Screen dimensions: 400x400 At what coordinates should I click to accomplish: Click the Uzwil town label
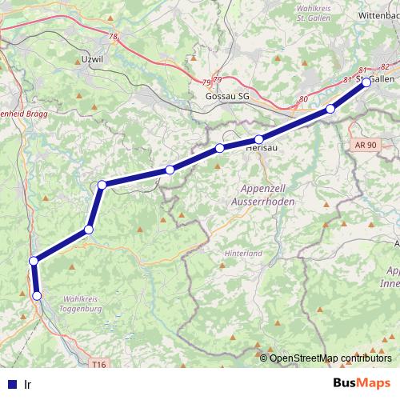(94, 58)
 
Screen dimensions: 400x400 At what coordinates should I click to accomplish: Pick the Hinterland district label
(243, 253)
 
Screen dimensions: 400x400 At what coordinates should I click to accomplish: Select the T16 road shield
(98, 365)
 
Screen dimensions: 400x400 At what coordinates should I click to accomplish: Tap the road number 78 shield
(113, 37)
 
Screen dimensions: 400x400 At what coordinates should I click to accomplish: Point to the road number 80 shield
(302, 99)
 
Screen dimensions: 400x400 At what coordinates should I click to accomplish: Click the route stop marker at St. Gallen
(366, 82)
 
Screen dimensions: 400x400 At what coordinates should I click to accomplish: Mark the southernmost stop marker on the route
(37, 296)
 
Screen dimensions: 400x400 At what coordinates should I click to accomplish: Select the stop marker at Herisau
(259, 140)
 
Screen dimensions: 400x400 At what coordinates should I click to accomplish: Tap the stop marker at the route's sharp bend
(102, 186)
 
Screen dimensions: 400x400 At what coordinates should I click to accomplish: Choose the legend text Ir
(28, 383)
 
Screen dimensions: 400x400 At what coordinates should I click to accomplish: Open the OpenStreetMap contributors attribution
(330, 358)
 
